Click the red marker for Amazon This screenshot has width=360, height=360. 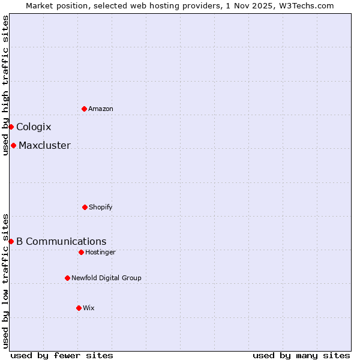(x=84, y=109)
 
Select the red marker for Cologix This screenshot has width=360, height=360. (x=11, y=127)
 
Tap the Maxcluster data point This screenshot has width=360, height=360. (x=13, y=145)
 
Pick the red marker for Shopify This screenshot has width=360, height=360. (x=85, y=207)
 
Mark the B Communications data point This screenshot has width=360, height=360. (x=11, y=241)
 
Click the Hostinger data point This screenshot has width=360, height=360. (x=81, y=252)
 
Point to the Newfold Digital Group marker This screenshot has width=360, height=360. (x=67, y=278)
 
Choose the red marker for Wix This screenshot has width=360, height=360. (x=79, y=308)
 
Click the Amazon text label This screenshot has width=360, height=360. (x=101, y=109)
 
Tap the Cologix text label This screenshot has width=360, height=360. (x=34, y=127)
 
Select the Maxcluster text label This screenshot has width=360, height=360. (x=44, y=145)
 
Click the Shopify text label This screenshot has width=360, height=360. (x=101, y=207)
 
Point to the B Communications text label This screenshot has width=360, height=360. (x=61, y=241)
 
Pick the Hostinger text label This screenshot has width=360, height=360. (x=100, y=252)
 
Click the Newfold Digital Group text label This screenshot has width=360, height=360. (x=106, y=278)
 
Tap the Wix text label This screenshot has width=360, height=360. (x=89, y=308)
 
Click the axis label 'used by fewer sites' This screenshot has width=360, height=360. (x=62, y=355)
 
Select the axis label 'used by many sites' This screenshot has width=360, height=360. (x=301, y=355)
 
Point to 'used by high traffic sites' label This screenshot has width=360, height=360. (x=5, y=86)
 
